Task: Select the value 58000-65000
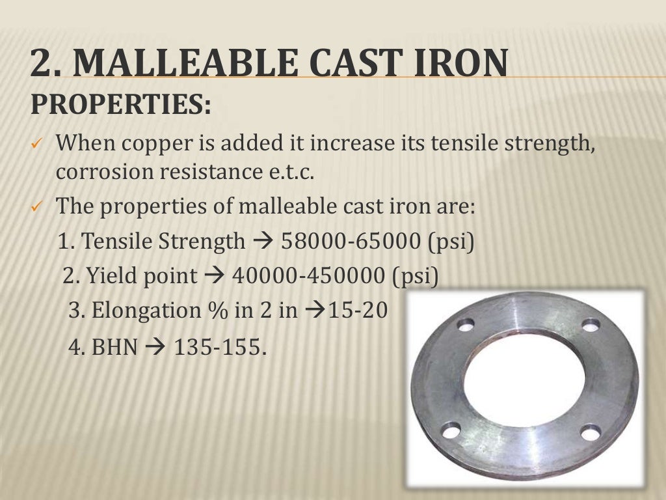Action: (x=351, y=242)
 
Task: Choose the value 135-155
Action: (x=220, y=347)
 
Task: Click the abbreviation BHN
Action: (x=115, y=347)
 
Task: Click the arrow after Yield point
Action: (x=213, y=276)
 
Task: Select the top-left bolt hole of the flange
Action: (x=466, y=324)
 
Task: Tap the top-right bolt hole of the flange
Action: (x=591, y=325)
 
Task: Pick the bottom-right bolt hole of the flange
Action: (x=591, y=432)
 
